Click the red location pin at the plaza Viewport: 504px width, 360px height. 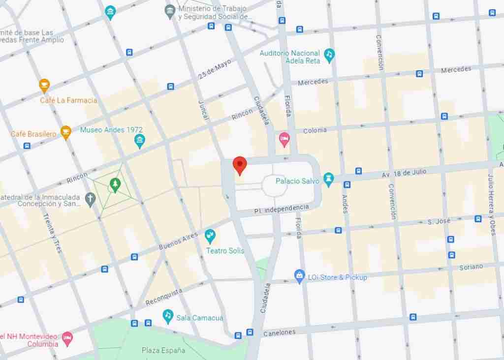(239, 165)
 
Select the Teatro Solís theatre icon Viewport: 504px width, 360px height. (210, 236)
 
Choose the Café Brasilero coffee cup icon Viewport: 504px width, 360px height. (65, 132)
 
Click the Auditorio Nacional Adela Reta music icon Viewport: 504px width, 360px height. (329, 55)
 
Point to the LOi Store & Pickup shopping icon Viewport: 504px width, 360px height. (299, 276)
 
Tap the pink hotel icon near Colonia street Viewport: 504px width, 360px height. (284, 139)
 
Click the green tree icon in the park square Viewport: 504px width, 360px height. (115, 184)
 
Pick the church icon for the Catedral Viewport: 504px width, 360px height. (90, 199)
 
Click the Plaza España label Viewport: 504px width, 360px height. (163, 350)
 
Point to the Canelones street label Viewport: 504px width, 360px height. (279, 333)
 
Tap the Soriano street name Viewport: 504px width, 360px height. (471, 267)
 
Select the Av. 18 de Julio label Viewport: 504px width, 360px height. (404, 173)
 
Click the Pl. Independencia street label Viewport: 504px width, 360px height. (282, 209)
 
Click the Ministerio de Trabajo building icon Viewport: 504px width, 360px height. (170, 10)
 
